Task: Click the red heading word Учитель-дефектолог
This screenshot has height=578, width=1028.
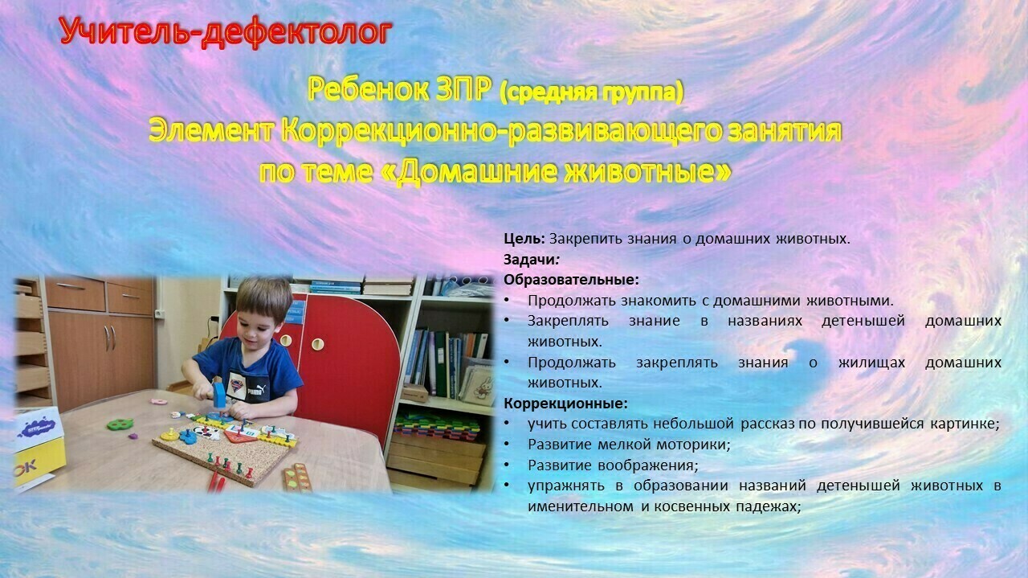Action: pos(226,31)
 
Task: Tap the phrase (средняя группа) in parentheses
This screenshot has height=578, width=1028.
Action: pos(592,92)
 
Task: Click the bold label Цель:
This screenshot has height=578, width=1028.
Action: pos(524,239)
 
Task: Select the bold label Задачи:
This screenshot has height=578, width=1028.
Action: pos(531,260)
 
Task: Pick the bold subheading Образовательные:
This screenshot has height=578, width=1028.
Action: pos(571,280)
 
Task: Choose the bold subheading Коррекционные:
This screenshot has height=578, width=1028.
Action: pos(565,404)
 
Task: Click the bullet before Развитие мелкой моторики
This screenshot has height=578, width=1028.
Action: pos(507,445)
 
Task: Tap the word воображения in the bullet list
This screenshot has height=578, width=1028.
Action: pos(647,465)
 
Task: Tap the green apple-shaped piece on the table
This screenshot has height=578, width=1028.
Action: pos(120,424)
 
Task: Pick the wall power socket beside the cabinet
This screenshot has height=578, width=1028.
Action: pos(160,314)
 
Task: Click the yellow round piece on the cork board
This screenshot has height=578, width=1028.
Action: pos(169,435)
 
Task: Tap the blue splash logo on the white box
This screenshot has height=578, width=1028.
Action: pos(36,428)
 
